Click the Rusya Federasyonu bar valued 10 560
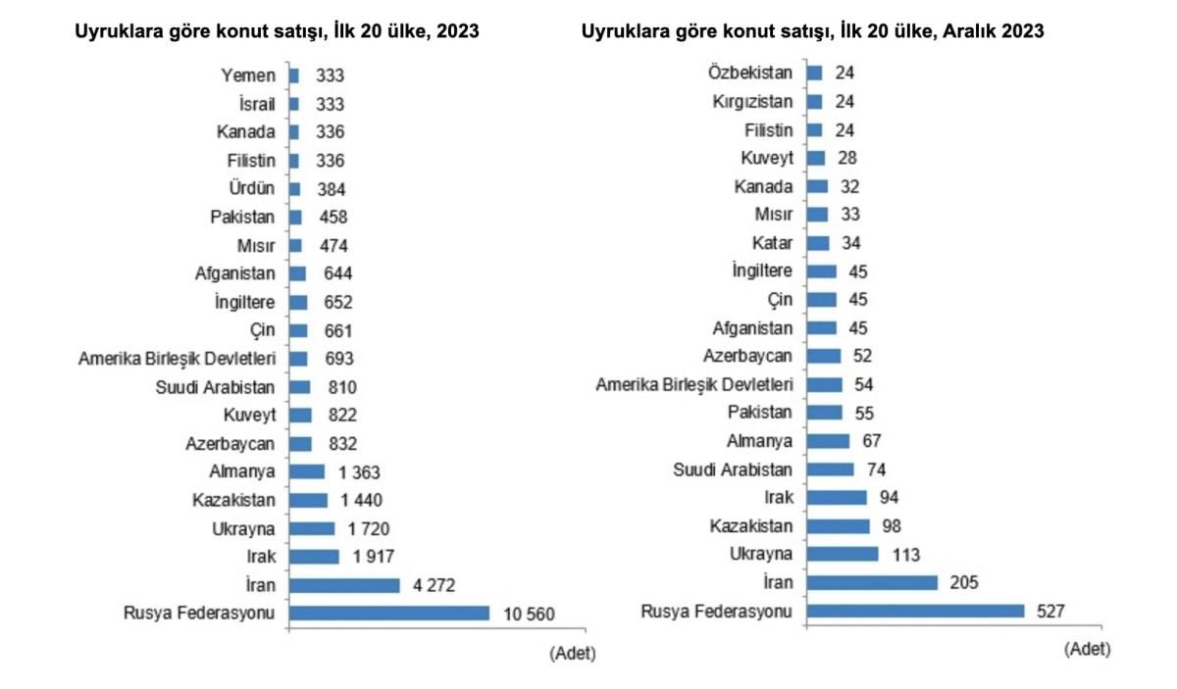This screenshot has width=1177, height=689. click(x=389, y=614)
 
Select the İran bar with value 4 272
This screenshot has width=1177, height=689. click(x=345, y=585)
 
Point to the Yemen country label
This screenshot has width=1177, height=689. click(x=249, y=75)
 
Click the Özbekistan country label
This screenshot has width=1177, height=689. click(x=751, y=72)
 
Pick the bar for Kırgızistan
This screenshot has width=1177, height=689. click(x=814, y=101)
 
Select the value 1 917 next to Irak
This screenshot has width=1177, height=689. click(x=370, y=557)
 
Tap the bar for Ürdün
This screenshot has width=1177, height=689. click(x=295, y=189)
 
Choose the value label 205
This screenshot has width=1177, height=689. click(x=965, y=583)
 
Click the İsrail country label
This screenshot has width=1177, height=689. click(x=255, y=104)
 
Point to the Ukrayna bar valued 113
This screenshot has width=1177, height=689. click(x=843, y=555)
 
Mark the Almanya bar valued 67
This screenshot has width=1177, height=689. click(x=828, y=441)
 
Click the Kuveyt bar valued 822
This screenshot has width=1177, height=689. click(x=301, y=416)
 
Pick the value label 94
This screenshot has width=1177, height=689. click(x=890, y=498)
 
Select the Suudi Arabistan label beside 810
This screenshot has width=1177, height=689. click(x=217, y=387)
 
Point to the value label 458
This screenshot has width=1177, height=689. click(x=332, y=218)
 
